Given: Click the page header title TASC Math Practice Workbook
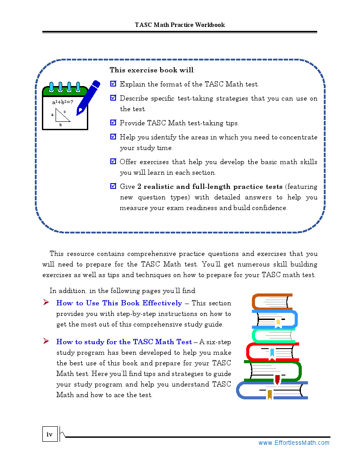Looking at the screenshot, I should tap(180, 25).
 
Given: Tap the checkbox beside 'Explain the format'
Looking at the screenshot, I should tap(113, 83).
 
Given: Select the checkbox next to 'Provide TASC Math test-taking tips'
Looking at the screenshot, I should tap(113, 123).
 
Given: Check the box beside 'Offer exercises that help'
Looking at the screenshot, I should tap(113, 162).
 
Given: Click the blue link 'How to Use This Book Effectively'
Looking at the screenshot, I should tap(119, 303).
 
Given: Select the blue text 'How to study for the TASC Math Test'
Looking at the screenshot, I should tap(124, 342).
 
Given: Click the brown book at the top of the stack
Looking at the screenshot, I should tap(272, 301).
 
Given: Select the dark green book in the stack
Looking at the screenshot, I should tap(273, 371).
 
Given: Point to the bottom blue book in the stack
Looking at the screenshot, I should tap(272, 391).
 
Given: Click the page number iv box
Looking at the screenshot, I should tap(50, 434).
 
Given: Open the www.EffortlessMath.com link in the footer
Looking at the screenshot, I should tap(293, 443).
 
